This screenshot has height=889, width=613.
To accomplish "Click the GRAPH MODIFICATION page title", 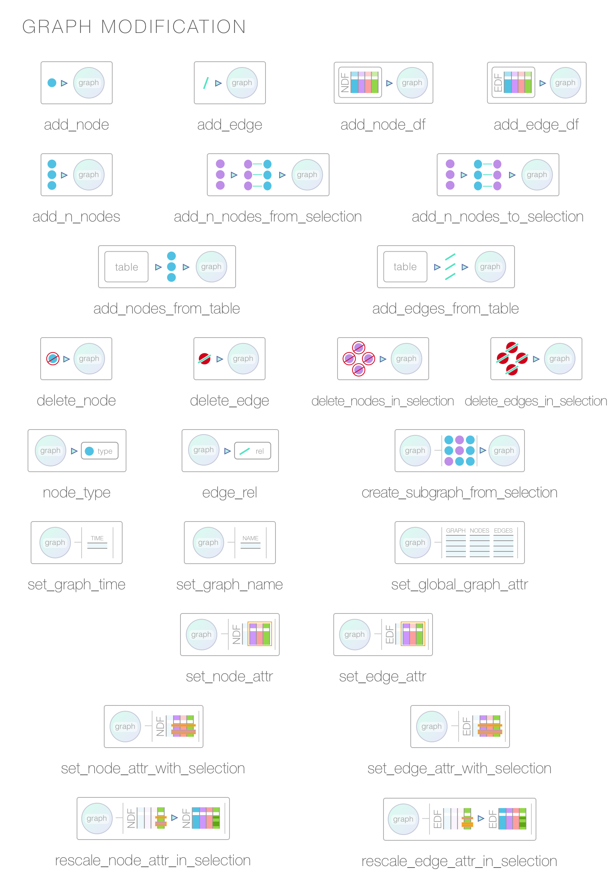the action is point(134,27).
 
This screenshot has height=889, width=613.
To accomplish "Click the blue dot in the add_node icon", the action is point(52,83).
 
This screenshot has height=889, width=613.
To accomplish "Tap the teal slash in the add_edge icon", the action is point(206,83).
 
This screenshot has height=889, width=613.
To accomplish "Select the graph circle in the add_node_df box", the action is point(412,83).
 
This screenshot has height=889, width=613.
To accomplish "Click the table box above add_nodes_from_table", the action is point(126,267).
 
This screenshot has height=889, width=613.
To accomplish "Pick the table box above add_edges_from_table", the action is point(405,267).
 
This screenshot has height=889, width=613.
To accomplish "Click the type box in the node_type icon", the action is point(100,451).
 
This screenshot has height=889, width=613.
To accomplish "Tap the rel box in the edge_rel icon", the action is point(252,451).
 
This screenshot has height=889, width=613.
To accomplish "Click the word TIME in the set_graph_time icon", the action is point(97,538).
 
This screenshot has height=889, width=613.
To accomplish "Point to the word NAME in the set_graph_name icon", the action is point(251,538).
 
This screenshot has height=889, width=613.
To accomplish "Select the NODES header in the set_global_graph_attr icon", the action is point(479,531).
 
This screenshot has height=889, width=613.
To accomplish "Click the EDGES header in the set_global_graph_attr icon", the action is point(503,531).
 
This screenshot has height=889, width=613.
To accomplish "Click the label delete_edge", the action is point(229,401).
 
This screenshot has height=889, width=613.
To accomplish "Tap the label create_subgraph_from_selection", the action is point(459,492).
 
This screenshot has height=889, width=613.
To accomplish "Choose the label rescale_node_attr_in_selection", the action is point(152,861).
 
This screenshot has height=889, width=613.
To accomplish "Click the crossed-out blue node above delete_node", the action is point(52,358).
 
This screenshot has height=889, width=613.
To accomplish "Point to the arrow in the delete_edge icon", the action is point(220,359).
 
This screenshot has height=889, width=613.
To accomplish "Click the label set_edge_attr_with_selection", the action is point(459,768).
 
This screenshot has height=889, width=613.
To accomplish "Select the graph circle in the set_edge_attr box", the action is point(354,634).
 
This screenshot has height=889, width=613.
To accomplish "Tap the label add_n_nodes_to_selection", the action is point(497,217).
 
